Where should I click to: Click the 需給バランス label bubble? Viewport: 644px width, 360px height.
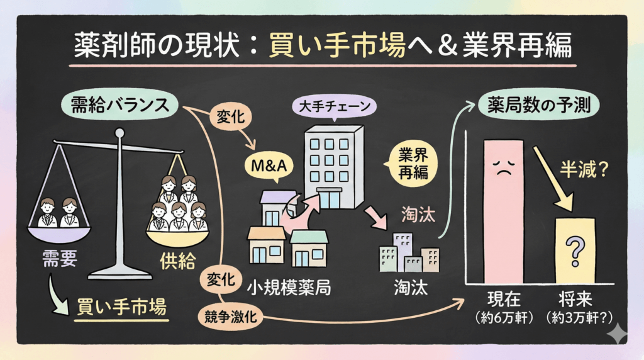[x=118, y=104]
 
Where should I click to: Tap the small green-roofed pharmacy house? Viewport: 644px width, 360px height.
[x=309, y=247]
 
